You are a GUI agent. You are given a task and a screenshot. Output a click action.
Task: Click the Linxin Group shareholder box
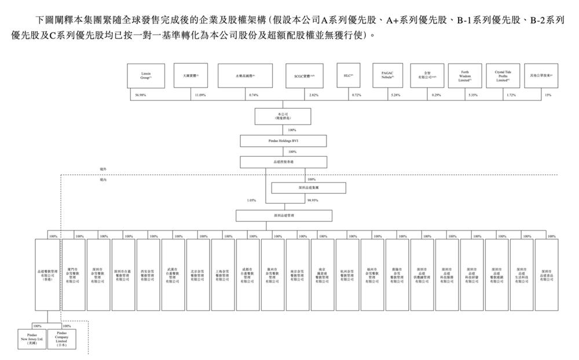146,76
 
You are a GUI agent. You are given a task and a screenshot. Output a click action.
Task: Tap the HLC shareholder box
348,76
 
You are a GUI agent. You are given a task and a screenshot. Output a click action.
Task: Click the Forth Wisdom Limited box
465,76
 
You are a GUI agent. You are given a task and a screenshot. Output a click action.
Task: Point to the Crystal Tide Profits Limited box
503,76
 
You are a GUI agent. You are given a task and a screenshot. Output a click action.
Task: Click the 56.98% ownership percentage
141,94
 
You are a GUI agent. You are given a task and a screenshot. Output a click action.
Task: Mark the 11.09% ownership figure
200,94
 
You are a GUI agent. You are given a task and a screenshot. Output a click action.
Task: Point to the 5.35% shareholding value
472,94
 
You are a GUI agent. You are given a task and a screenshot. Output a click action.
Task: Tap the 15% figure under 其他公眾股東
548,94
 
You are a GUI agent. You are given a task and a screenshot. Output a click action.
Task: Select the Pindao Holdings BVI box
283,141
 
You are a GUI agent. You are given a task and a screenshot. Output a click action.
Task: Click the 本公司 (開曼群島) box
283,116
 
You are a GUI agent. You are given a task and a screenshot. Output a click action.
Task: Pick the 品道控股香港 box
283,163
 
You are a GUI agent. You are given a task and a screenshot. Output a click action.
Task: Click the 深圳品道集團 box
309,188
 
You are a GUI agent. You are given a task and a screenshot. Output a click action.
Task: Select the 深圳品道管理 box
284,215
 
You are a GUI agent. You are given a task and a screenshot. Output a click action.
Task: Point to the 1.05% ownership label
251,201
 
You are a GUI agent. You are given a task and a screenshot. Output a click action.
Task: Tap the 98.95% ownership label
313,201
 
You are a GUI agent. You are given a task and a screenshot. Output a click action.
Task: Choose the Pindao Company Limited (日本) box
62,340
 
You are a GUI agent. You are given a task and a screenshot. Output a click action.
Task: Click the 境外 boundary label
103,169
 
